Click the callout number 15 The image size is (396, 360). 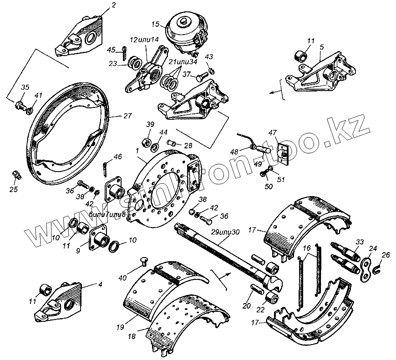coord(155,24)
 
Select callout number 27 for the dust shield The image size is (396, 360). coord(127,115)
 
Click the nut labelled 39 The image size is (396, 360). coord(147,142)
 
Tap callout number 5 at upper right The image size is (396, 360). coord(322,46)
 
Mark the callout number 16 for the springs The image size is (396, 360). coord(306,248)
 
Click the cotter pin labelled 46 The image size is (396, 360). coord(107,167)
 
